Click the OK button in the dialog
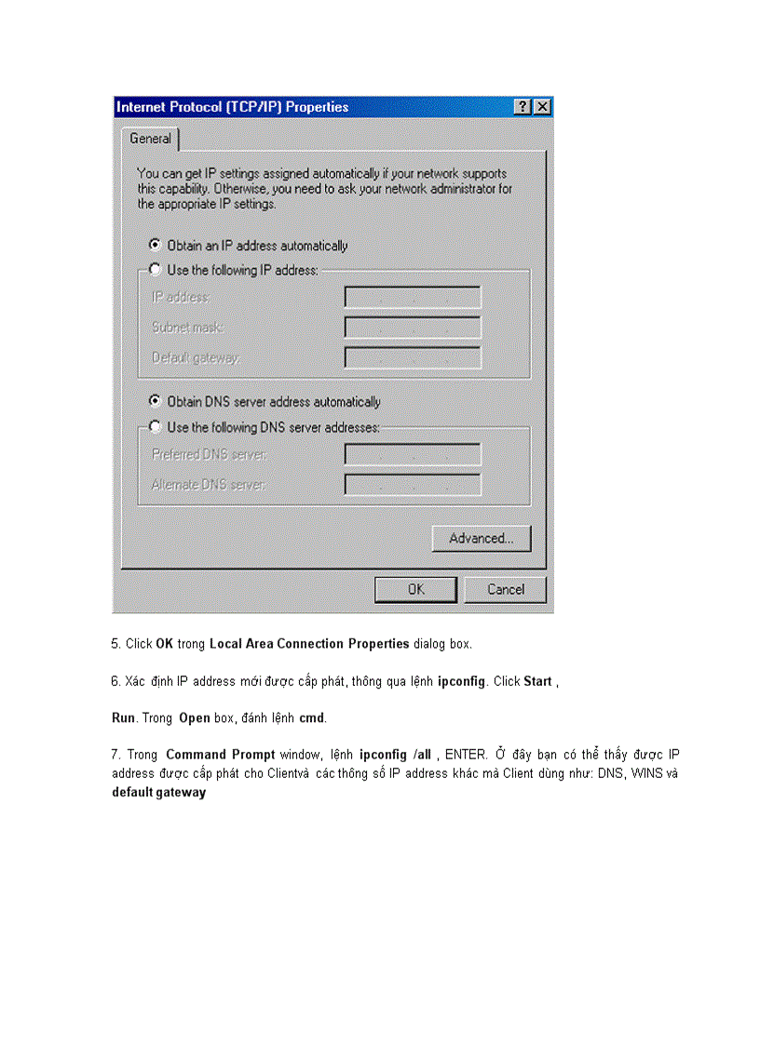tap(415, 589)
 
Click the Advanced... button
tap(481, 539)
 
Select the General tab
tap(150, 139)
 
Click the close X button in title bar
tap(542, 107)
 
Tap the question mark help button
tap(523, 107)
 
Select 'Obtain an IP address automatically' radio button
tap(155, 246)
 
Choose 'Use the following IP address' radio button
tap(155, 270)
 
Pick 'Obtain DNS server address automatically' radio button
tap(155, 402)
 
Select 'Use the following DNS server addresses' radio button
tap(155, 427)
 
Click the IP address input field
tap(413, 298)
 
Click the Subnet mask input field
tap(413, 328)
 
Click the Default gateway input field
tap(413, 357)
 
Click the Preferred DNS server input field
tap(413, 455)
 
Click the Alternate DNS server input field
tap(413, 485)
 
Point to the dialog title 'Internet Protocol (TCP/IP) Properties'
tap(233, 107)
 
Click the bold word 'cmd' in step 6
tap(311, 718)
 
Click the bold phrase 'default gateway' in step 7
tap(159, 793)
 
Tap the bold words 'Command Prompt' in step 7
tap(220, 755)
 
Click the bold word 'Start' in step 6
tap(537, 681)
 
